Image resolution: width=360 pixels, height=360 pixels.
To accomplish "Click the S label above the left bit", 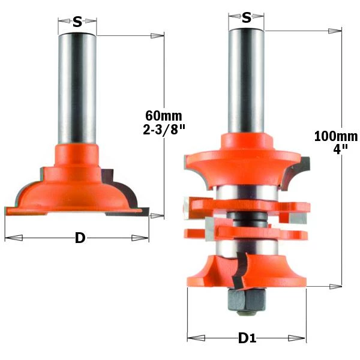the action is [77, 22].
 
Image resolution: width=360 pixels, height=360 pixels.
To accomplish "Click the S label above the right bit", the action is [247, 17].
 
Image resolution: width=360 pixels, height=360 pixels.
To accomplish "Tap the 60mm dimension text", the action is [163, 115].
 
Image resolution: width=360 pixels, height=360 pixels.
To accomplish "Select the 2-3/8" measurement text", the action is [164, 130].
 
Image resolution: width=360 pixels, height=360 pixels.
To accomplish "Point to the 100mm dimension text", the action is [336, 136].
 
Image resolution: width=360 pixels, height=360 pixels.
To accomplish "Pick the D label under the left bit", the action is [80, 238].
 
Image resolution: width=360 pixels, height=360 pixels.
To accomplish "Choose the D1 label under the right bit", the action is [247, 338].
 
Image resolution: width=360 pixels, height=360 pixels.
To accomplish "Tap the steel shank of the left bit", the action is [77, 89].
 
